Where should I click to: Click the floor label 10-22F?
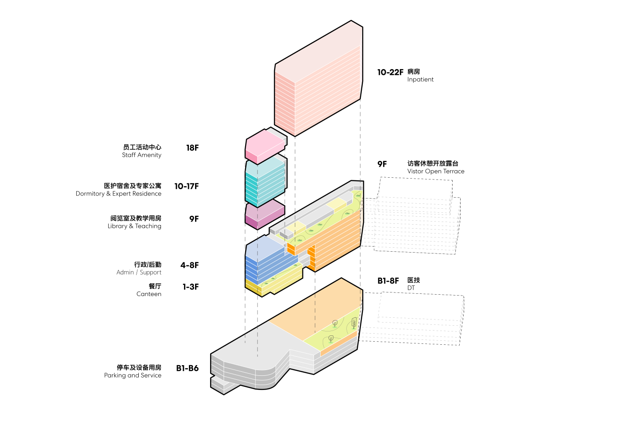point(390,72)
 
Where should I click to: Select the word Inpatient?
point(420,80)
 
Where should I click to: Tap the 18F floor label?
point(192,148)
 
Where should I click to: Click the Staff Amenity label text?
point(141,155)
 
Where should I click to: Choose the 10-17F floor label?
point(186,187)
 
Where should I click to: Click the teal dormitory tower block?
point(265,183)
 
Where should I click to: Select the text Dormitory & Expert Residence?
point(118,194)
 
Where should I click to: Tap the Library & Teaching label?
point(134,226)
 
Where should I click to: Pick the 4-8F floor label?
point(189,265)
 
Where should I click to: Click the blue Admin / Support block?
point(265,261)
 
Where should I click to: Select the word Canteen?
point(149,294)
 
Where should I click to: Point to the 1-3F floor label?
point(191,287)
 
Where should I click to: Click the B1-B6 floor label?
point(187,368)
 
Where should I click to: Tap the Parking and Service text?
point(133,375)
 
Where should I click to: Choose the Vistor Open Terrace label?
point(436,171)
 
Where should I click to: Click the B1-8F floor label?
point(388,281)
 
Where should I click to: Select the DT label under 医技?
point(411,288)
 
